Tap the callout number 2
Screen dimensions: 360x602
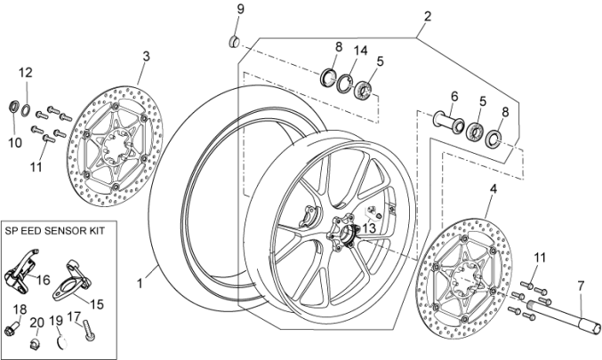pyautogui.click(x=428, y=16)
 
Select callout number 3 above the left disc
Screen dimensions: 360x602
pyautogui.click(x=146, y=55)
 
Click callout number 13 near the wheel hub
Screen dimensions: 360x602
pyautogui.click(x=369, y=228)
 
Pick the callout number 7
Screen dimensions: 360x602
pyautogui.click(x=582, y=285)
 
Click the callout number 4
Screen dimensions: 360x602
pyautogui.click(x=492, y=188)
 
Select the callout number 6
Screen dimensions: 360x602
pyautogui.click(x=453, y=97)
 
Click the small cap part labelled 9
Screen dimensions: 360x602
pyautogui.click(x=234, y=40)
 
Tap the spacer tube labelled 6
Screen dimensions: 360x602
pyautogui.click(x=446, y=119)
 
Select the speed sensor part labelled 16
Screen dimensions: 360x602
pyautogui.click(x=25, y=268)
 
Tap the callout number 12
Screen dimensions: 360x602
pyautogui.click(x=26, y=71)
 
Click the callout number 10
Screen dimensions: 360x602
pyautogui.click(x=13, y=142)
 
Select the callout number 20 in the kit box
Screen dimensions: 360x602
pyautogui.click(x=37, y=322)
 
